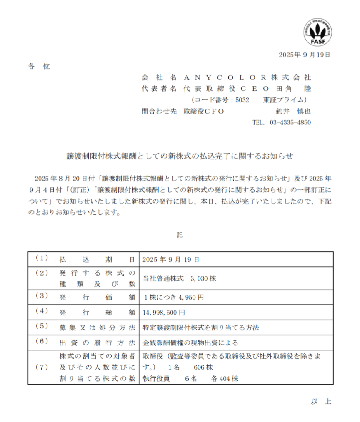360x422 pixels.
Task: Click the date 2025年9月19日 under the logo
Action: pyautogui.click(x=304, y=55)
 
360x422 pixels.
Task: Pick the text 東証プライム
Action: pyautogui.click(x=285, y=100)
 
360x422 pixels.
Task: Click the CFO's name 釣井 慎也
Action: pyautogui.click(x=293, y=111)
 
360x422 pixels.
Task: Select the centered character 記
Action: pyautogui.click(x=180, y=235)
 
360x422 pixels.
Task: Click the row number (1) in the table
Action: pyautogui.click(x=42, y=259)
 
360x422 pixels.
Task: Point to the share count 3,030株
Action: pyautogui.click(x=203, y=278)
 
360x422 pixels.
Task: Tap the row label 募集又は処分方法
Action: pyautogui.click(x=97, y=328)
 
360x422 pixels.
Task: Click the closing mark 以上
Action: pyautogui.click(x=321, y=402)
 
